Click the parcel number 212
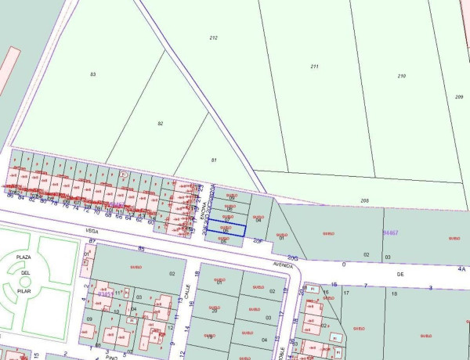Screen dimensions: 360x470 click(213, 38)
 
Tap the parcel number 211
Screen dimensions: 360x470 click(314, 67)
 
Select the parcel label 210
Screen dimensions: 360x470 click(402, 76)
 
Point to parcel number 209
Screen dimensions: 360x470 click(459, 96)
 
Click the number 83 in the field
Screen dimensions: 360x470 click(92, 74)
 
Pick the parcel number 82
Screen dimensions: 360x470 click(160, 124)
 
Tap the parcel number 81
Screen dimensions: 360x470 click(213, 160)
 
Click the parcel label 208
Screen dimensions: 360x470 click(365, 201)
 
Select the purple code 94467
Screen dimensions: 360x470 click(391, 232)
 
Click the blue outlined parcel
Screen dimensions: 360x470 click(226, 228)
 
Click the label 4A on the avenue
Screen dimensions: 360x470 click(462, 268)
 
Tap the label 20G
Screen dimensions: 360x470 click(292, 257)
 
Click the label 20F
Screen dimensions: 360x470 click(258, 241)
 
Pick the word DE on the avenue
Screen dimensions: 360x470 click(399, 275)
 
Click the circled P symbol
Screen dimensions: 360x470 click(123, 175)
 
